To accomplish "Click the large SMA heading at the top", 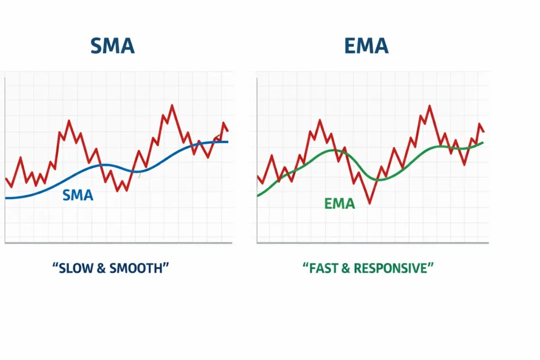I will [112, 46].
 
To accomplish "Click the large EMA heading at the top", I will [366, 46].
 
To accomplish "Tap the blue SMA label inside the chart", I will [78, 196].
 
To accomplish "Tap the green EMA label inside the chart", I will [340, 203].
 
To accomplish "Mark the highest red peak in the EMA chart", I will [429, 106].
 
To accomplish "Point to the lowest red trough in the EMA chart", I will [370, 203].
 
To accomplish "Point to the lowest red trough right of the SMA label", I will [126, 190].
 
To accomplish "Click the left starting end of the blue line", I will [6, 198].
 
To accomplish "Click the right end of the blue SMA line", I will [228, 142].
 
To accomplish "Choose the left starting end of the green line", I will [258, 196].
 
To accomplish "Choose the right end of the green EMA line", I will [483, 142].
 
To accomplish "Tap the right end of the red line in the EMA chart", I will [484, 131].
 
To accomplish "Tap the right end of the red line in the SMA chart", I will [228, 131].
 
